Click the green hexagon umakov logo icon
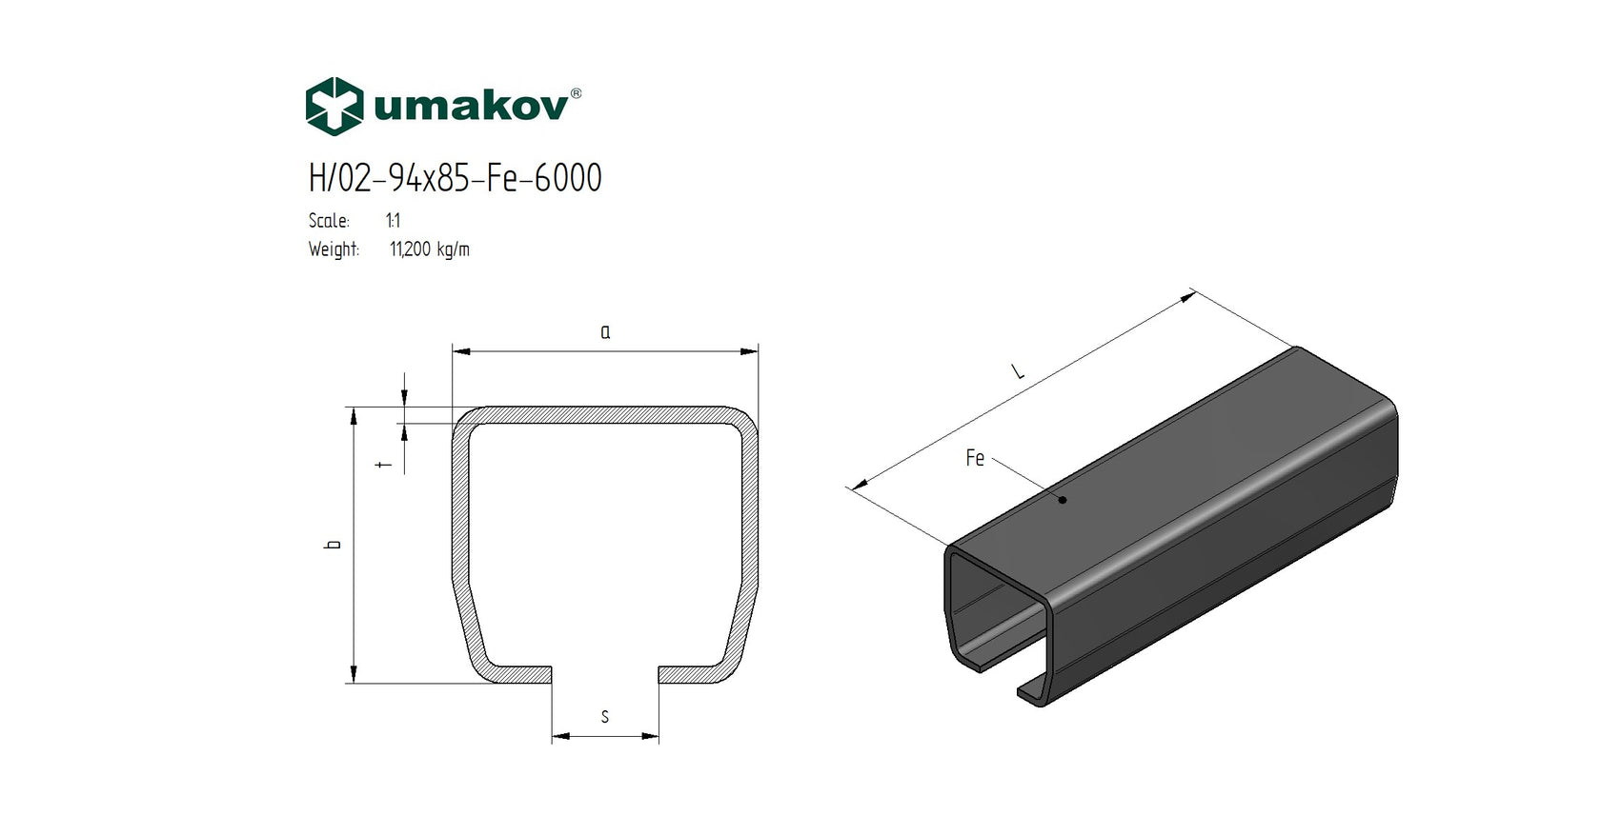(x=334, y=106)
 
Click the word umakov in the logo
(x=471, y=106)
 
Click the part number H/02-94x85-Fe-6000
(x=455, y=178)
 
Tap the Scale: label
(x=329, y=221)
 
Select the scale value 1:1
(x=393, y=221)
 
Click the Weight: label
(x=334, y=249)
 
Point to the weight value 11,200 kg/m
(x=429, y=249)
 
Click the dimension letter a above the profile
(x=605, y=332)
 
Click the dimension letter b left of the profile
(x=334, y=545)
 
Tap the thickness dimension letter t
(x=384, y=465)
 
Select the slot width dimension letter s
(x=604, y=717)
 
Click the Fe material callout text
(x=974, y=458)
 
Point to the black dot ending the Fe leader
(x=1063, y=500)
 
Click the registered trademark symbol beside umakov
(x=576, y=94)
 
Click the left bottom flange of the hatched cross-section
(x=515, y=674)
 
